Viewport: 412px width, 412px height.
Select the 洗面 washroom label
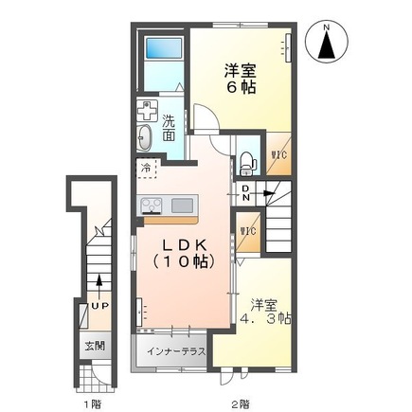click(x=168, y=127)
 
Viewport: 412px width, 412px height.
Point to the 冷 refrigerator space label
click(x=147, y=169)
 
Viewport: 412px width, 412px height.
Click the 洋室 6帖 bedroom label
click(x=239, y=78)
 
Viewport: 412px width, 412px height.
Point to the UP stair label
click(x=98, y=306)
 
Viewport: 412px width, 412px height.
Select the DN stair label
click(x=246, y=194)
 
